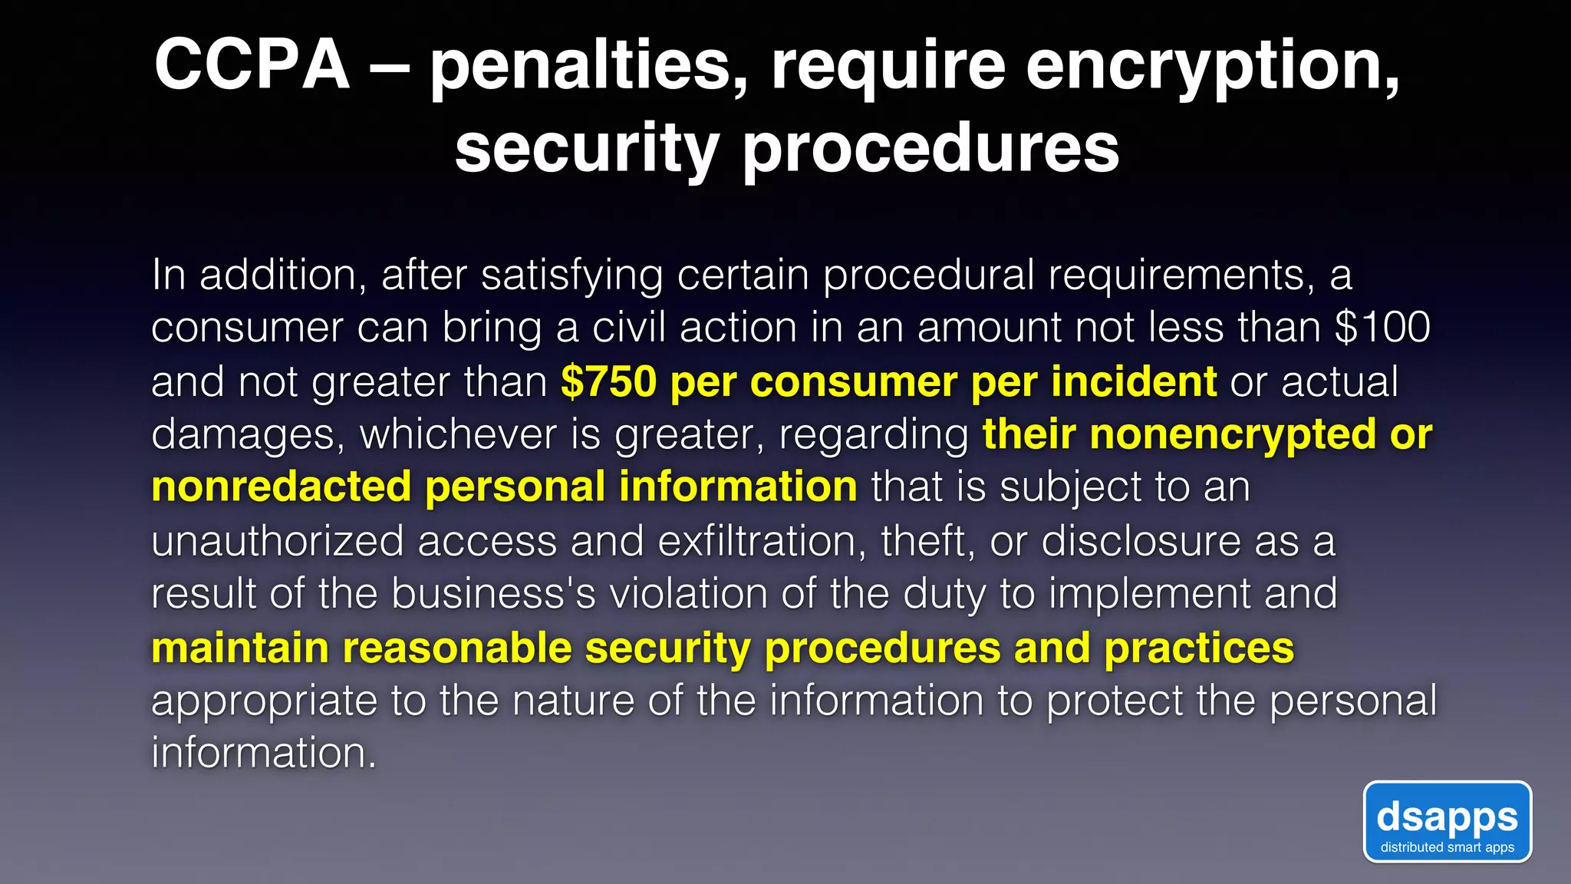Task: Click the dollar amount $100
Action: pyautogui.click(x=1382, y=327)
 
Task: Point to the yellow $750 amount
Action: pyautogui.click(x=609, y=381)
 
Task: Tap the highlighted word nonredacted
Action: pyautogui.click(x=282, y=487)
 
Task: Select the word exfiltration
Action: pyautogui.click(x=756, y=541)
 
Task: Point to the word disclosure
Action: pyautogui.click(x=1141, y=541)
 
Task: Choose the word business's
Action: pyautogui.click(x=493, y=594)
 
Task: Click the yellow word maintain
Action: pyautogui.click(x=240, y=648)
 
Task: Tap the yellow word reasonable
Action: pyautogui.click(x=457, y=648)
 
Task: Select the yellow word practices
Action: pyautogui.click(x=1199, y=648)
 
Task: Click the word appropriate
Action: pyautogui.click(x=264, y=701)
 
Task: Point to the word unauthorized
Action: pyautogui.click(x=277, y=541)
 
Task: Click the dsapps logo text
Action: pyautogui.click(x=1447, y=816)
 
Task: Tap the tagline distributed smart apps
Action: pyautogui.click(x=1447, y=847)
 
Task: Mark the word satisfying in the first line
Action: pyautogui.click(x=571, y=275)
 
